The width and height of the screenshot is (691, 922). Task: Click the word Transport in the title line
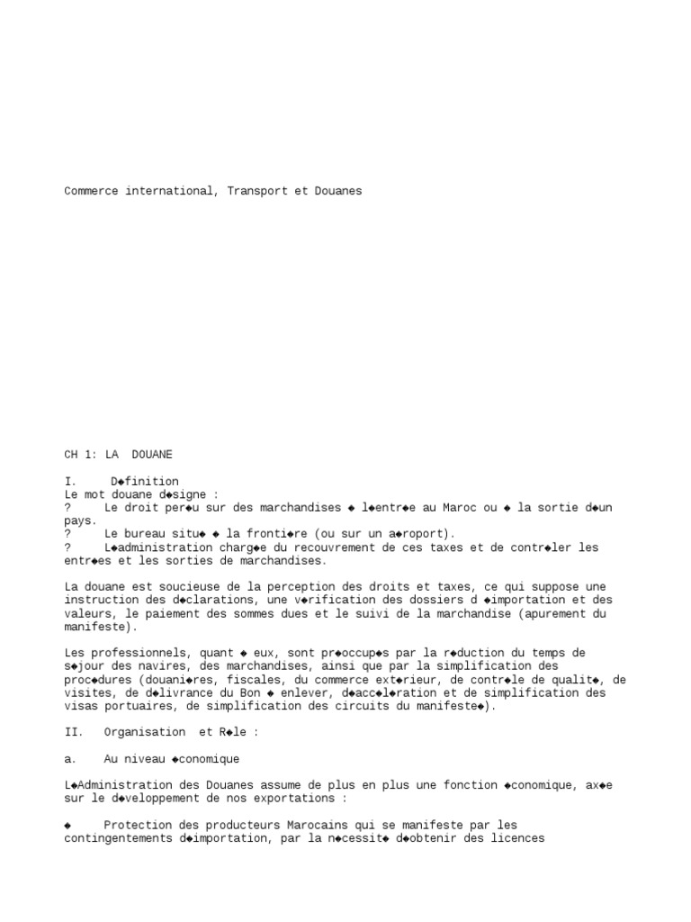pos(259,191)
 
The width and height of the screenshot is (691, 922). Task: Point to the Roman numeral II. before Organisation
pos(74,733)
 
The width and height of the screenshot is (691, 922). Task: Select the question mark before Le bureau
pos(68,534)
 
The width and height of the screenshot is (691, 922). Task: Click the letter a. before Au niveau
pos(71,759)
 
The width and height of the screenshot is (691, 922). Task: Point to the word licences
pos(516,838)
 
